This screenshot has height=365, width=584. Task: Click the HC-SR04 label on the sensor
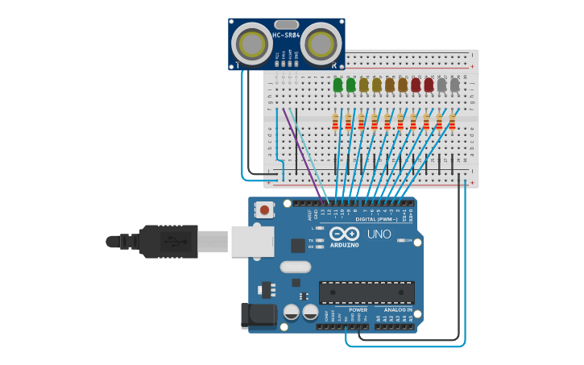coord(286,35)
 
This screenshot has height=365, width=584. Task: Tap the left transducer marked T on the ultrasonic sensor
coord(253,42)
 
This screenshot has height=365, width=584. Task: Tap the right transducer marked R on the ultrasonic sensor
coord(322,42)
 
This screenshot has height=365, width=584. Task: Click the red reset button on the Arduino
coord(263,210)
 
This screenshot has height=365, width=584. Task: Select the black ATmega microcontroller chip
coord(367,292)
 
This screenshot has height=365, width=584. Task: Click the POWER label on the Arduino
coord(358,309)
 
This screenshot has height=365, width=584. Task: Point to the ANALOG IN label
coord(397,309)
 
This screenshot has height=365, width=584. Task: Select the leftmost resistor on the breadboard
coord(335,122)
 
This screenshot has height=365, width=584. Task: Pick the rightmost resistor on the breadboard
coord(452,122)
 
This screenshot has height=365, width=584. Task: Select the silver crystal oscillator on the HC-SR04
coord(286,25)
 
